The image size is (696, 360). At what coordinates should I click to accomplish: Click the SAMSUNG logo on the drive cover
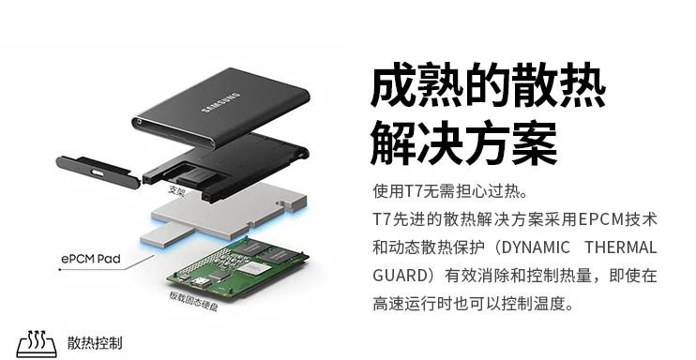tap(220, 102)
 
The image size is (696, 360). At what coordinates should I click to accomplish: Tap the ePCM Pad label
tap(91, 259)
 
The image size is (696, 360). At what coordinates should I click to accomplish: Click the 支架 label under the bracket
tap(176, 191)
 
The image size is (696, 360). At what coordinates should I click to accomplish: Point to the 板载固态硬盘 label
tap(193, 301)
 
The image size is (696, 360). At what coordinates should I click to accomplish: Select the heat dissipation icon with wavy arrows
tap(37, 343)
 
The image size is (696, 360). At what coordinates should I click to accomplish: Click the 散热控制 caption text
tap(95, 343)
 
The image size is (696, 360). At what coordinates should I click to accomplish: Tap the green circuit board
tap(238, 267)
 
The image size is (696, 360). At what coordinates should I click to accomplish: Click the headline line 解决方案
tap(463, 142)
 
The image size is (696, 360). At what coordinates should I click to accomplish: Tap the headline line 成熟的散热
tap(488, 84)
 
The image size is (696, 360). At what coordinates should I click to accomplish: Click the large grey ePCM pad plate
tap(229, 206)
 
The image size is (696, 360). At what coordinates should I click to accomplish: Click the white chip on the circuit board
tap(251, 268)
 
